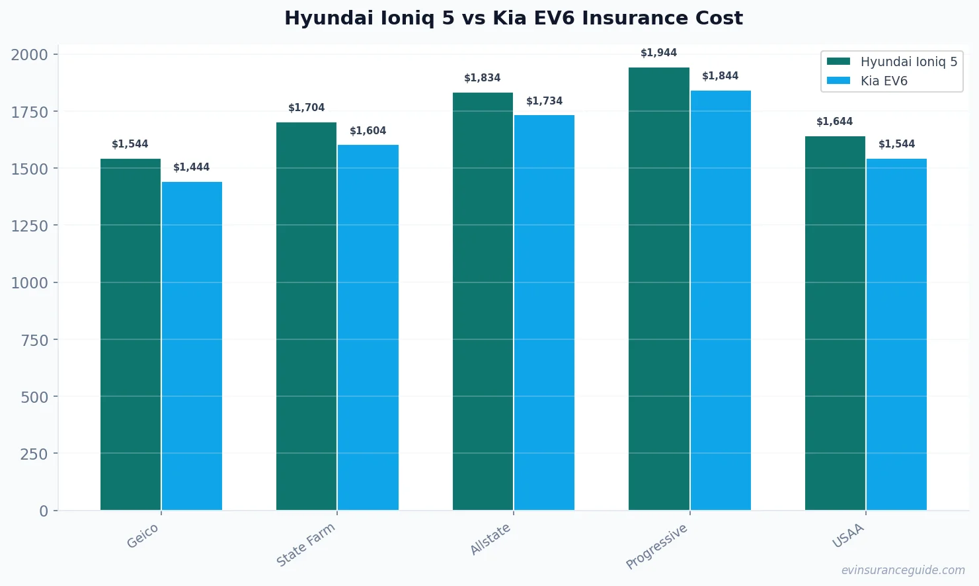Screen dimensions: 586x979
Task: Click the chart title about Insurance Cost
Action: click(513, 18)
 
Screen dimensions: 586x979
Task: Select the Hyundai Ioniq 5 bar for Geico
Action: click(130, 334)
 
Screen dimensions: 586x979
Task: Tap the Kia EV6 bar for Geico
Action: click(192, 346)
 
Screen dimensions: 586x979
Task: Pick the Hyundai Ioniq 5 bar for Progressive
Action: click(658, 288)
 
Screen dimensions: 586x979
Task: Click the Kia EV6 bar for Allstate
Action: click(544, 312)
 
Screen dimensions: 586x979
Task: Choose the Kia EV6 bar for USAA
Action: click(896, 334)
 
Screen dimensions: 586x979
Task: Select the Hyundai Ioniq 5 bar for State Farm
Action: click(306, 316)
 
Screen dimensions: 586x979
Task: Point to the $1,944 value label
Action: click(658, 53)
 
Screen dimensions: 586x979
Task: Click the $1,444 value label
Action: click(192, 167)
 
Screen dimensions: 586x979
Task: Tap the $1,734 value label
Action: click(544, 101)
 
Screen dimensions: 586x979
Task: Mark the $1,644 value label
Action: click(834, 122)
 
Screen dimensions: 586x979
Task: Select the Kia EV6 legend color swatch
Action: click(838, 81)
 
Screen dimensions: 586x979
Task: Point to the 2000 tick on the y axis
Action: click(30, 55)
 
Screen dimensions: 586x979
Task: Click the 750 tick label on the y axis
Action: click(34, 340)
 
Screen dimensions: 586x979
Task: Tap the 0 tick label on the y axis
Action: click(44, 511)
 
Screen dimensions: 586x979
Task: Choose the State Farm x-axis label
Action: click(306, 545)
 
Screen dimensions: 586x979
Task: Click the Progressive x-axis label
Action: click(656, 546)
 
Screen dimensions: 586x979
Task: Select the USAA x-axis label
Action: click(848, 536)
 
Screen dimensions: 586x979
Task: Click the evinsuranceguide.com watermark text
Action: click(902, 570)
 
